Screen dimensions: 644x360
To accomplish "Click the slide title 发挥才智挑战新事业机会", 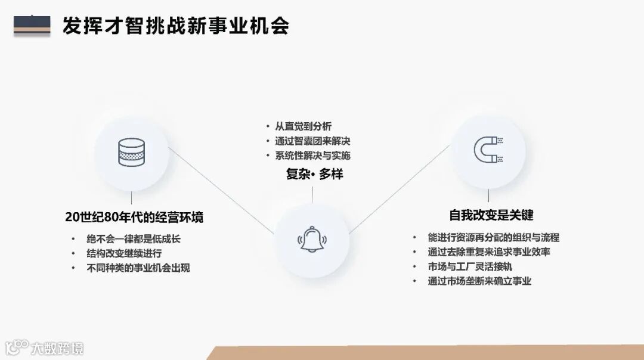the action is tap(176, 26).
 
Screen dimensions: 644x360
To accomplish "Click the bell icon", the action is tap(312, 239).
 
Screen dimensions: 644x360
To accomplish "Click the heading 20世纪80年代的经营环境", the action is tap(134, 216).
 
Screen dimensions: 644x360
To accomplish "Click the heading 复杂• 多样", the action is tap(314, 174).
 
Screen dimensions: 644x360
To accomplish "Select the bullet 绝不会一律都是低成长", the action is tap(133, 239).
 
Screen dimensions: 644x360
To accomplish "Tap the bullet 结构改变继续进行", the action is tap(124, 253).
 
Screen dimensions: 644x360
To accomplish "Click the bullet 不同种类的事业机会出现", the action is tap(138, 268).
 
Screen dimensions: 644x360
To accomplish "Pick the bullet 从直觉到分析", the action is tap(303, 126).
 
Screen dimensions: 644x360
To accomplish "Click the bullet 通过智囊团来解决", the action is tap(312, 141).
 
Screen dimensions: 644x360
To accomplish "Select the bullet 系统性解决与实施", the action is tap(312, 156).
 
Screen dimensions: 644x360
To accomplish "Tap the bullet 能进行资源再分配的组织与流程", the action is tap(493, 237).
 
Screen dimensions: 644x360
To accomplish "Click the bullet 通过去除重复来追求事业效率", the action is tap(488, 252).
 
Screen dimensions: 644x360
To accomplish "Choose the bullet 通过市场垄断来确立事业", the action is tap(479, 281).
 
